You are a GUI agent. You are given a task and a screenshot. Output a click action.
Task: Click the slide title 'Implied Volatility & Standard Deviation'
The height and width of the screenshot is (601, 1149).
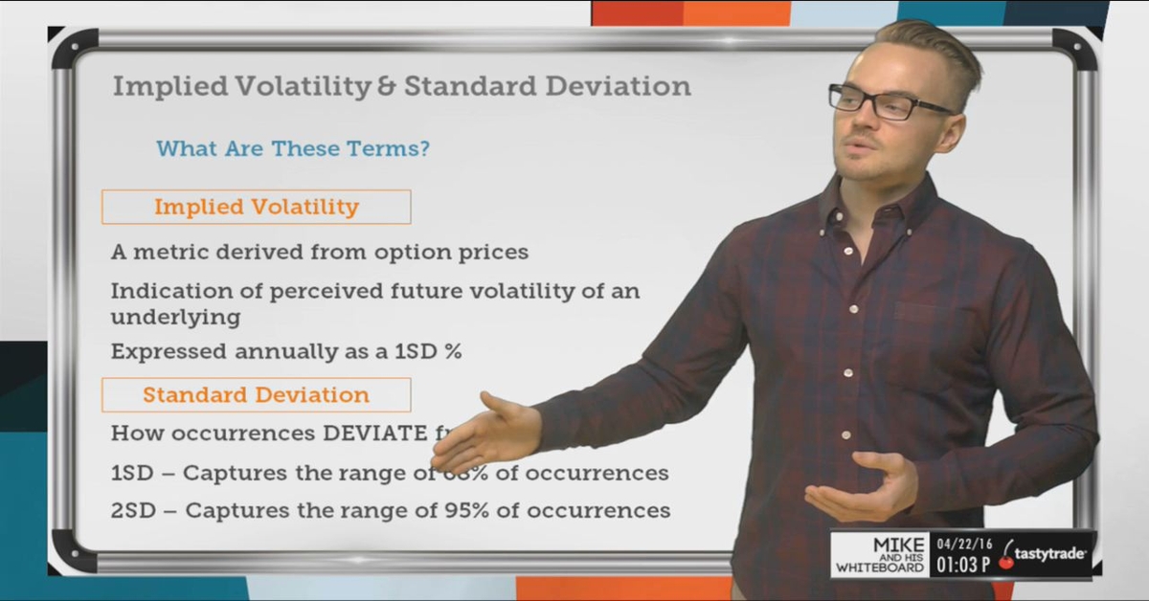point(401,86)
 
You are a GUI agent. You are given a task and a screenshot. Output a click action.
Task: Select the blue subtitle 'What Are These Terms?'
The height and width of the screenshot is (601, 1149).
point(292,148)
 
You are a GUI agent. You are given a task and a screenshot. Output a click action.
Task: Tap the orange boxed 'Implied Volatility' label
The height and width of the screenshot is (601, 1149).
point(256,207)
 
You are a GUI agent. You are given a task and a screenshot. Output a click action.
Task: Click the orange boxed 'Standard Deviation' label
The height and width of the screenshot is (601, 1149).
point(256,394)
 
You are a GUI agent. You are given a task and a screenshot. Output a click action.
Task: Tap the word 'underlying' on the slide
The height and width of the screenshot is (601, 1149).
point(175,316)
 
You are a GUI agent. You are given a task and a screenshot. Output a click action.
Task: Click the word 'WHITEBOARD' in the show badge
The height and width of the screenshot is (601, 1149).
point(879,568)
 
